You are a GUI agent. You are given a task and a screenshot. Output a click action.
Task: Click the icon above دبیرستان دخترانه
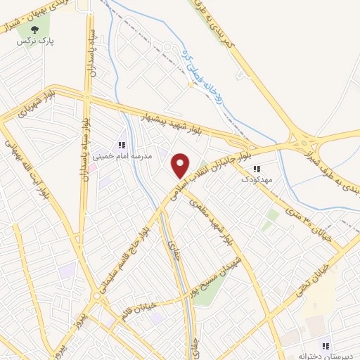pyautogui.click(x=326, y=345)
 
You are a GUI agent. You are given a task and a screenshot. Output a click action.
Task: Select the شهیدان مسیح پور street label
pyautogui.click(x=218, y=281)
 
